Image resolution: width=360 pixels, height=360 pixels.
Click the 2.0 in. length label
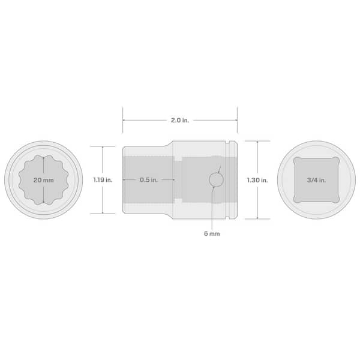[179, 120]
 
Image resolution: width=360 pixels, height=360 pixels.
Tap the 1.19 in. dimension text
[103, 179]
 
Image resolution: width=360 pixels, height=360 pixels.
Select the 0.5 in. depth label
[148, 179]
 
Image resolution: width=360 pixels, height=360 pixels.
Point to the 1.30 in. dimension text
[257, 179]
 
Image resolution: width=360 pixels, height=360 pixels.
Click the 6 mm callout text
[211, 233]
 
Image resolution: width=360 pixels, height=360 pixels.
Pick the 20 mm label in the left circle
[43, 179]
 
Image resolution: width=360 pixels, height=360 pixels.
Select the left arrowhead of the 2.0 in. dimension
[125, 120]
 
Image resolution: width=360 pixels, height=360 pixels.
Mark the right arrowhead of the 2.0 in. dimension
[235, 120]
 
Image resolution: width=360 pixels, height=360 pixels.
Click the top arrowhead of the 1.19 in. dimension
[103, 148]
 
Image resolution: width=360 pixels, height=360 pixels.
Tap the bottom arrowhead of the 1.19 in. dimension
[103, 212]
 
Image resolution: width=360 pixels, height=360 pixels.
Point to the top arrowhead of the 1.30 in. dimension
[257, 143]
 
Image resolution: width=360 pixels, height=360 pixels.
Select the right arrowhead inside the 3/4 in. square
[338, 179]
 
